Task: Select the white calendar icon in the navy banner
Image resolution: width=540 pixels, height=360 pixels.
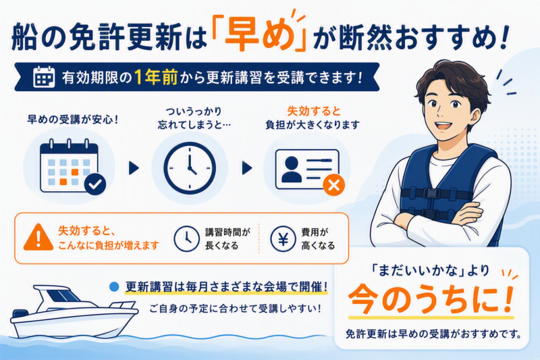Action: [44, 76]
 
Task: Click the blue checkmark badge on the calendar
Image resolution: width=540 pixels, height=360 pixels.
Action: [95, 184]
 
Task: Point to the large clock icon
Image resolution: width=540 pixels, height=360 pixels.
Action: [190, 168]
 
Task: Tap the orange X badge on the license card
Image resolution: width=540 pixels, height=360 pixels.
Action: [333, 185]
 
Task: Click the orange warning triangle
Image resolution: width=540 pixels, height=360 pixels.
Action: [38, 237]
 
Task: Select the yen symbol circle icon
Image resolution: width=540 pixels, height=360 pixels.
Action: [283, 238]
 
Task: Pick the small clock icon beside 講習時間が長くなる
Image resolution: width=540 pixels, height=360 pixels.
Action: [187, 238]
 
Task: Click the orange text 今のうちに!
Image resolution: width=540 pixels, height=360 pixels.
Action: [431, 299]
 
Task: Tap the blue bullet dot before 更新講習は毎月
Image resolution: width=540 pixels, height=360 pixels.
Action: [114, 286]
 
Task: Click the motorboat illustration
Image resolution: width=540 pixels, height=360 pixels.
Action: [74, 311]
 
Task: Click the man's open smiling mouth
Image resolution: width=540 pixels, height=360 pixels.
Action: [443, 126]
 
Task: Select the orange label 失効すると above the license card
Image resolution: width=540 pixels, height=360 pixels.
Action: [314, 111]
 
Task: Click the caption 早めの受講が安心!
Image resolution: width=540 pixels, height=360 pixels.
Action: [73, 120]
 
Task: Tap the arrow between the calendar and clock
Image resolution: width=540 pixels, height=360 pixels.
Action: [134, 168]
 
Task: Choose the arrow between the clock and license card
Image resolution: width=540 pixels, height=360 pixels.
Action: [247, 168]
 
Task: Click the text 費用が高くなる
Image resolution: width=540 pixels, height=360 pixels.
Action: [318, 238]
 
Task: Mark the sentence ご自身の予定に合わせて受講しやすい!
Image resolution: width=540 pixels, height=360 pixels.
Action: [235, 308]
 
